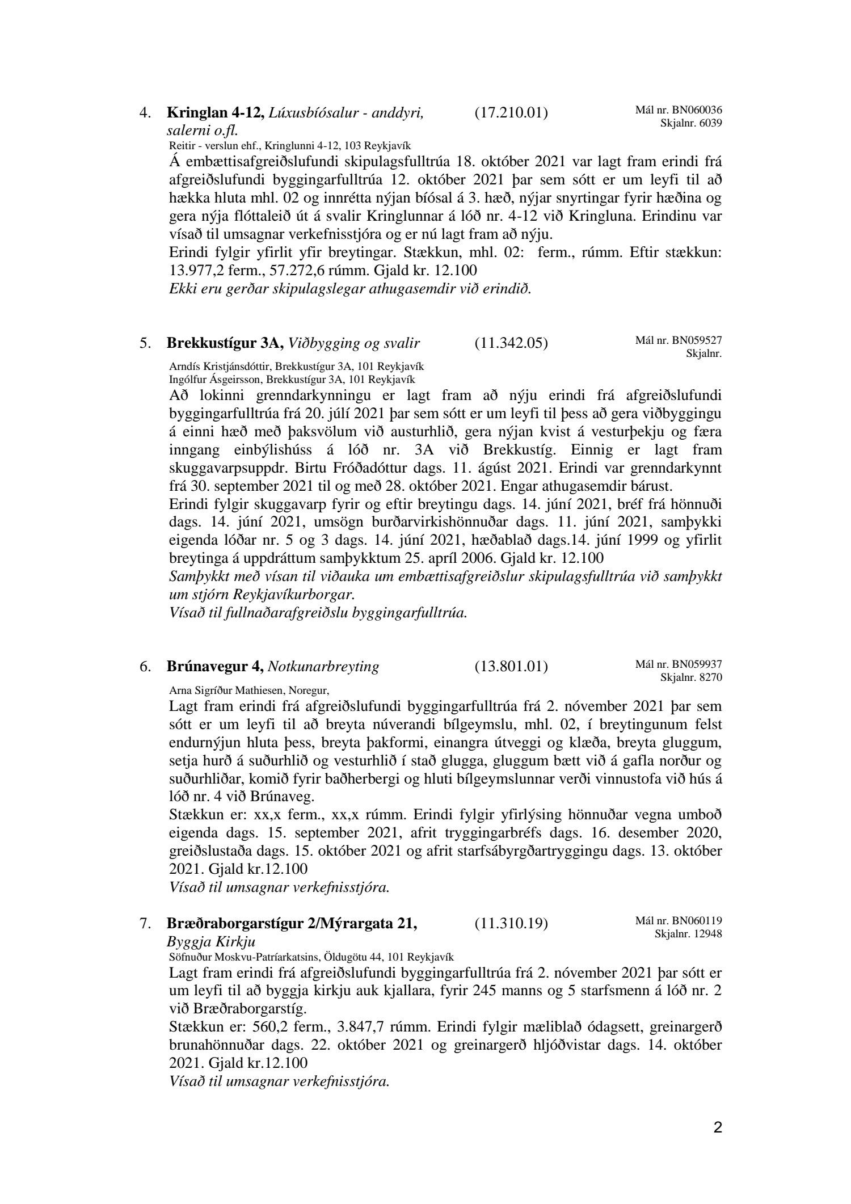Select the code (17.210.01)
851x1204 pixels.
point(511,113)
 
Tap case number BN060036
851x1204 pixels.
point(698,110)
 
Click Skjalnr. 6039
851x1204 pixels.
point(691,123)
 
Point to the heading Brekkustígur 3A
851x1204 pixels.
point(225,343)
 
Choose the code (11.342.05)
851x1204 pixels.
point(511,343)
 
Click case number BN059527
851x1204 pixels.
point(698,340)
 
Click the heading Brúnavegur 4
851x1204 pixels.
point(215,667)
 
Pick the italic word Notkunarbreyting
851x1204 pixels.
point(323,667)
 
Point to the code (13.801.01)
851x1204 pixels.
point(511,667)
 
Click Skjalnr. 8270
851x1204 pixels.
point(691,677)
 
